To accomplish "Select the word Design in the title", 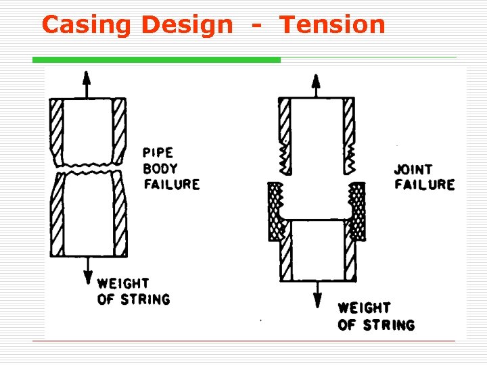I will tap(186, 25).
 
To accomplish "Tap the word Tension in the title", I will tap(332, 25).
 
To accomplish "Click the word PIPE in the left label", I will tap(158, 153).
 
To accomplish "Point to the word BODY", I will tap(160, 168).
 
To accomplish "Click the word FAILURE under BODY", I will tap(171, 184).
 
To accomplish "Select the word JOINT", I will tap(413, 169).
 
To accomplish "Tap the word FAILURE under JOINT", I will tap(424, 185).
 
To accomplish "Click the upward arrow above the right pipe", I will tap(315, 84).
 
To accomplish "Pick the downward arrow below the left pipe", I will tap(87, 273).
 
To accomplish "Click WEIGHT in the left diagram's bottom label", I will tap(123, 283).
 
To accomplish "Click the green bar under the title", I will tap(156, 59).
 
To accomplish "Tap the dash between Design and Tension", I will tap(256, 26).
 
